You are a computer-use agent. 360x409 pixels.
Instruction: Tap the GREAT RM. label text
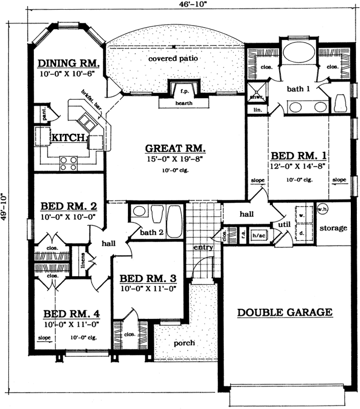[175, 149]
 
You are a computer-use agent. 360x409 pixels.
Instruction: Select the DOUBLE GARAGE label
[285, 312]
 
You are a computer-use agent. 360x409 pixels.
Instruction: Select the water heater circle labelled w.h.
[322, 209]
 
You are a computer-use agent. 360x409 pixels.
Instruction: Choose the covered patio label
[173, 58]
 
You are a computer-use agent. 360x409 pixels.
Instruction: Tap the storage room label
[333, 228]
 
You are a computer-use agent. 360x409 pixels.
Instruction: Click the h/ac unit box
[259, 236]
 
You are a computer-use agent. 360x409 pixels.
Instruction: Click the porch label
[183, 343]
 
